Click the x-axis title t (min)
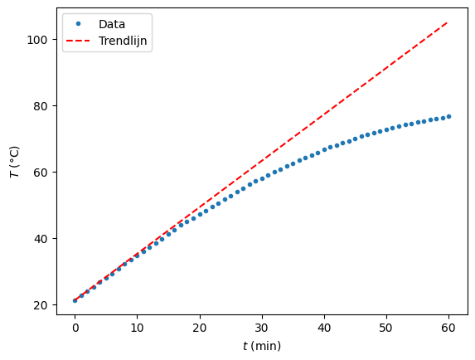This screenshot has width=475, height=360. (261, 345)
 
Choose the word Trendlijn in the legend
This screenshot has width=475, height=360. (124, 40)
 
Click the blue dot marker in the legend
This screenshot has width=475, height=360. (80, 24)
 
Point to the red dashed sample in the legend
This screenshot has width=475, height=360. (80, 40)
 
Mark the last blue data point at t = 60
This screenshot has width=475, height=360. (448, 116)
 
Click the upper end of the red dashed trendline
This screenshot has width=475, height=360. (448, 22)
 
